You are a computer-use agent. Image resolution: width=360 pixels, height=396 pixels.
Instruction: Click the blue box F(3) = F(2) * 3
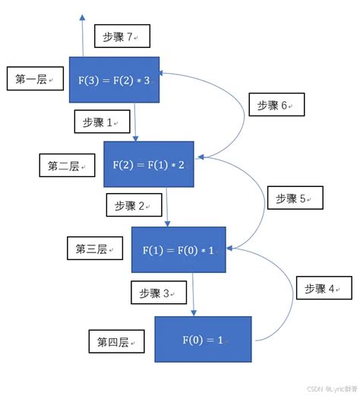(x=114, y=79)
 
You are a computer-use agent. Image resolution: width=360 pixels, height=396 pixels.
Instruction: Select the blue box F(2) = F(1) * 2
(x=148, y=164)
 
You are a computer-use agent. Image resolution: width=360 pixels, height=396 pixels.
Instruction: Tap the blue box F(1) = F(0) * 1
(x=178, y=249)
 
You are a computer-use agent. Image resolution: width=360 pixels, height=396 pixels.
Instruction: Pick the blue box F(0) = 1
(x=203, y=339)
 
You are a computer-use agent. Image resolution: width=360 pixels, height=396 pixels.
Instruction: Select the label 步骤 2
(x=134, y=205)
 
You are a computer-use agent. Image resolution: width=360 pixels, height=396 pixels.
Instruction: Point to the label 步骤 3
(x=160, y=293)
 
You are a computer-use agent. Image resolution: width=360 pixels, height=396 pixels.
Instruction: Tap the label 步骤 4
(x=324, y=288)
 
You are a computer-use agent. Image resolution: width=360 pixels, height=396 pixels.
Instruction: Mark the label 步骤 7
(x=122, y=36)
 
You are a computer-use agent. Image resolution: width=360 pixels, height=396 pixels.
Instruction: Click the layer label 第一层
(x=34, y=79)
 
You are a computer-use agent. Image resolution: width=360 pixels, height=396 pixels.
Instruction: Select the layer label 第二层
(x=67, y=166)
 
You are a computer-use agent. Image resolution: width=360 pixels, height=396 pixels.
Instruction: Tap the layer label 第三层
(x=95, y=249)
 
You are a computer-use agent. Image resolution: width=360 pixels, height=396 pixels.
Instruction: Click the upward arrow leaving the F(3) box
(x=81, y=34)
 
